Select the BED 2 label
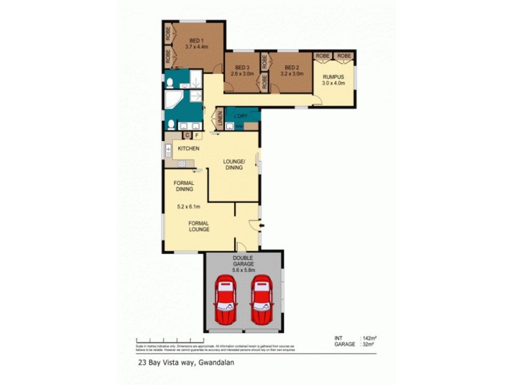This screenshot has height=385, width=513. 292,67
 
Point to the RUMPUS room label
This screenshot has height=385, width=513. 333,77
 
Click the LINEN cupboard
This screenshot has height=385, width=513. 218,120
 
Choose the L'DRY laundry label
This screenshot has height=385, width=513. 242,116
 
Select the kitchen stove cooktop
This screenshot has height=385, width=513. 182,164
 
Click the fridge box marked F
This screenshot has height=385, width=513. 197,135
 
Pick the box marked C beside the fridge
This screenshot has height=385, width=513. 187,135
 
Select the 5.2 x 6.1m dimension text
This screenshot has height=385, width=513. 189,207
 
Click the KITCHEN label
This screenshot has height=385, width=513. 189,149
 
